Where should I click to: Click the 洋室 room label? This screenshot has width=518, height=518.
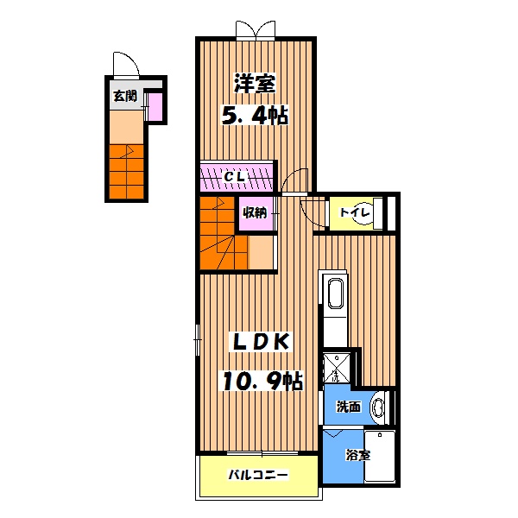pyautogui.click(x=255, y=84)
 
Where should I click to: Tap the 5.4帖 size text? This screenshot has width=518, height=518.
pyautogui.click(x=255, y=116)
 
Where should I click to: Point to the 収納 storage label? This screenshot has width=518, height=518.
pyautogui.click(x=254, y=212)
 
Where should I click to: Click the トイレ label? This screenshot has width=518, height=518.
pyautogui.click(x=354, y=212)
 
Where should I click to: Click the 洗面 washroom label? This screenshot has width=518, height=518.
pyautogui.click(x=348, y=406)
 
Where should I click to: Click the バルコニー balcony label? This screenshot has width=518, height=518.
pyautogui.click(x=257, y=475)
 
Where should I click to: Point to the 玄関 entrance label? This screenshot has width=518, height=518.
pyautogui.click(x=123, y=96)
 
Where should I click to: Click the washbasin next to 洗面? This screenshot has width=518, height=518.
pyautogui.click(x=378, y=406)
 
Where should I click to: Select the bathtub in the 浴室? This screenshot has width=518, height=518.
pyautogui.click(x=380, y=455)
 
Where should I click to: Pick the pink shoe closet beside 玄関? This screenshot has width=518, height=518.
pyautogui.click(x=155, y=107)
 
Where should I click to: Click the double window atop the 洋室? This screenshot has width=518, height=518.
pyautogui.click(x=256, y=30)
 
